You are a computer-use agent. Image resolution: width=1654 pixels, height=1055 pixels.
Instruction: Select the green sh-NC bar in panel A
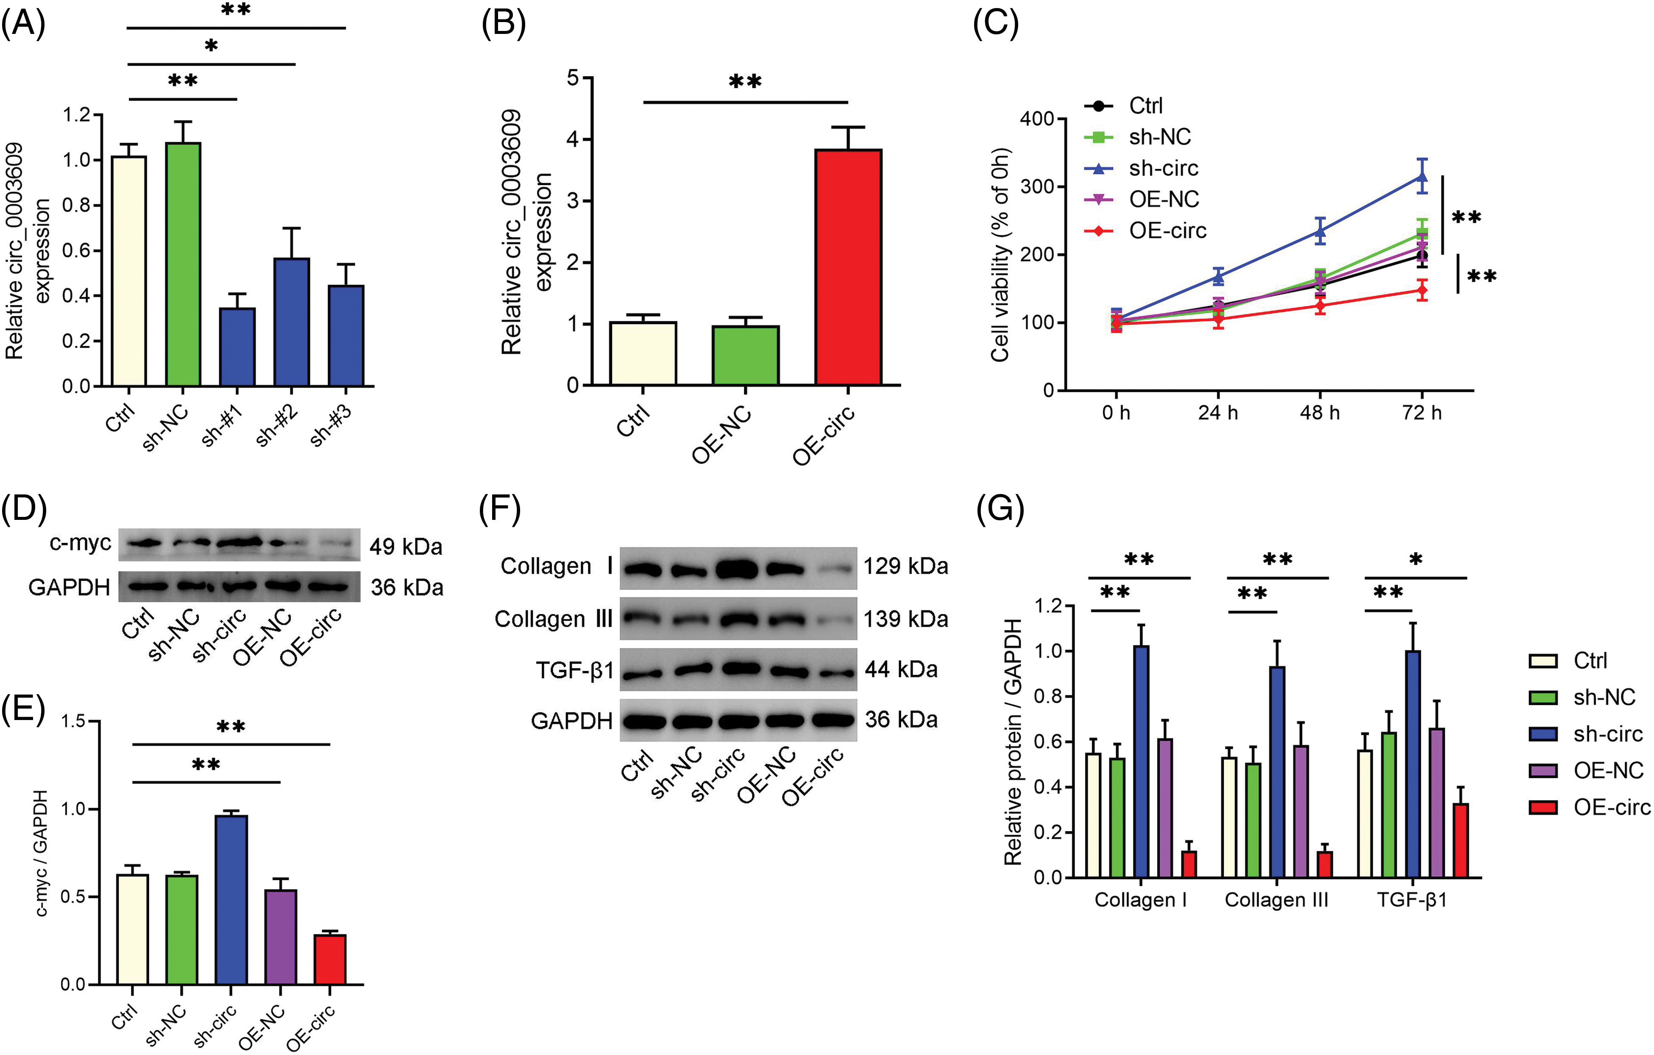pos(183,265)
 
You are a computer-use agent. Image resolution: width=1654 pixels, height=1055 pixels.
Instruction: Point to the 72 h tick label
pos(1422,413)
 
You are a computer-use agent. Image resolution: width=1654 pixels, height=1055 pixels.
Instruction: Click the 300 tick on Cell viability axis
pos(1037,187)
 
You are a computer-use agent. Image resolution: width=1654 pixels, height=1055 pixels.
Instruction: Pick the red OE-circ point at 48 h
pos(1320,306)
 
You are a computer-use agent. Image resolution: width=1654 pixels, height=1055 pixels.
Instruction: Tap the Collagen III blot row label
pos(553,619)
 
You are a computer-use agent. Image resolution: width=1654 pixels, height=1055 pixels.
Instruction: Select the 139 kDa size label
pos(905,619)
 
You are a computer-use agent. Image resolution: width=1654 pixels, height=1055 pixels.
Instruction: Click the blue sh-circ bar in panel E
pos(231,900)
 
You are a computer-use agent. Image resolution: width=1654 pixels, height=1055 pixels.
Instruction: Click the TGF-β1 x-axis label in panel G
pos(1412,900)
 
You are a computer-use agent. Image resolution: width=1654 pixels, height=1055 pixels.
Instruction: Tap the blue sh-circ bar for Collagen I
pos(1141,762)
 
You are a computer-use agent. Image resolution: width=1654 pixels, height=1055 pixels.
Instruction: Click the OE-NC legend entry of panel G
pos(1608,770)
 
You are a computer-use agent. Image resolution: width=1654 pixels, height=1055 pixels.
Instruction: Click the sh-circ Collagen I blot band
pos(737,569)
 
